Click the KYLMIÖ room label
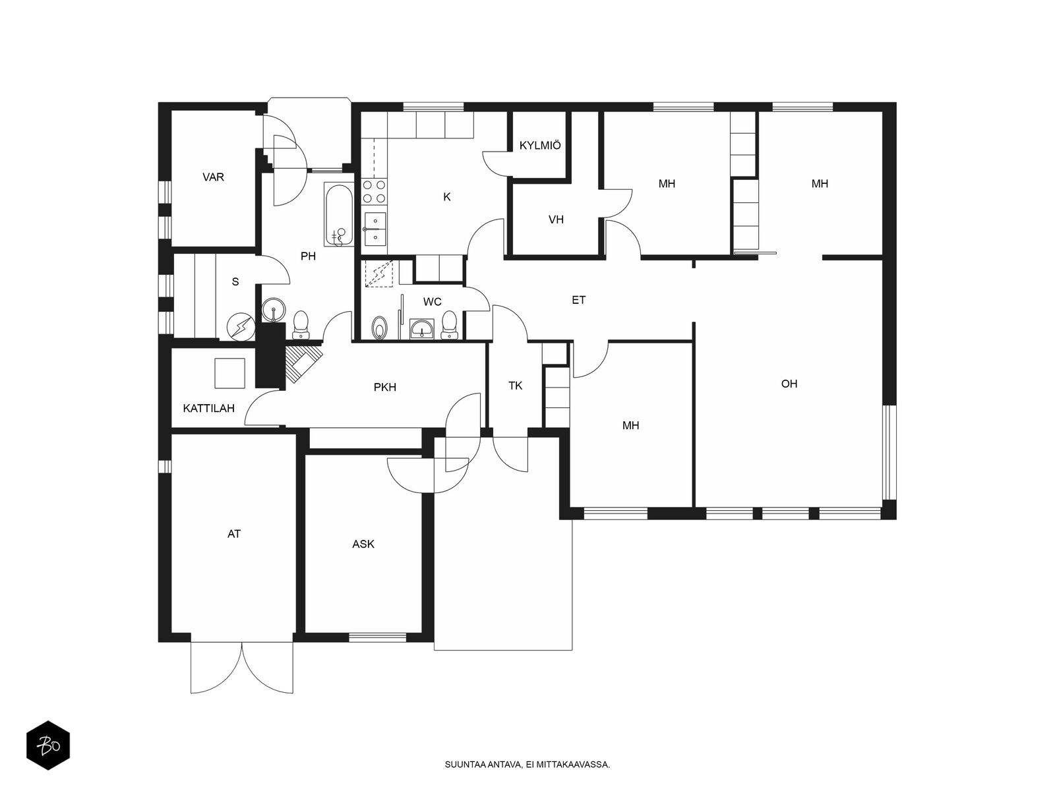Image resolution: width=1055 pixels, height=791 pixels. [x=540, y=146]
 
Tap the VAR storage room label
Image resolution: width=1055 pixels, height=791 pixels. [x=213, y=177]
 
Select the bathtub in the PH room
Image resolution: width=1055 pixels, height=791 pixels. [x=340, y=214]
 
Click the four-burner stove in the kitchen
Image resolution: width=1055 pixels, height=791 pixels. [x=374, y=191]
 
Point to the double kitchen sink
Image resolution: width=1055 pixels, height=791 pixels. [x=375, y=229]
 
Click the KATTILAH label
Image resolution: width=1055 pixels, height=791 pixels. [x=208, y=408]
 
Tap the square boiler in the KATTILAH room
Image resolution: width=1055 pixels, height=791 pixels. [x=229, y=373]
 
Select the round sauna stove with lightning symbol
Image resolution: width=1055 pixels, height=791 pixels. [x=240, y=326]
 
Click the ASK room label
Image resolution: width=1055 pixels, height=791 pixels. [x=363, y=544]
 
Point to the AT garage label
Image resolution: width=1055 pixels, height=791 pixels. [x=234, y=533]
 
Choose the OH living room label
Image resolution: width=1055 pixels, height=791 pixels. [x=789, y=384]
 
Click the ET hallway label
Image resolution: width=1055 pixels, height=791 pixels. [x=579, y=300]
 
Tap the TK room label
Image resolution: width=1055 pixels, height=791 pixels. [x=515, y=386]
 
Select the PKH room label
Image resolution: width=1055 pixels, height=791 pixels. [x=385, y=387]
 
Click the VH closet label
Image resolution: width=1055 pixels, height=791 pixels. [x=556, y=220]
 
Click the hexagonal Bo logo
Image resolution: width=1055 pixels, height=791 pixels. [x=48, y=746]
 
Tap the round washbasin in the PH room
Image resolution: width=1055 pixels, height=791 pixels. [x=274, y=310]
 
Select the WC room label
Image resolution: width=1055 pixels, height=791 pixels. [x=432, y=302]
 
